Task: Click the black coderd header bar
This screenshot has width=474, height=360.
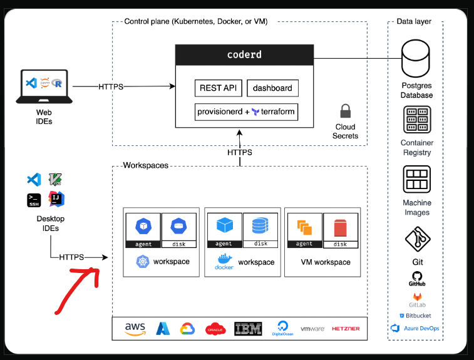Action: pos(244,55)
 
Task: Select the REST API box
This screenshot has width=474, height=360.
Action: pos(218,88)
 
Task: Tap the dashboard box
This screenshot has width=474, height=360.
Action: pos(272,88)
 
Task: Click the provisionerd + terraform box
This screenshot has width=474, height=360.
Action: pos(245,112)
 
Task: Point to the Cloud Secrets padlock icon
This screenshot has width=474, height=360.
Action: pos(345,112)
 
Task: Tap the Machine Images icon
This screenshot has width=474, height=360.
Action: pos(417,180)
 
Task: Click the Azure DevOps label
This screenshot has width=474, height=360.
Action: pos(421,328)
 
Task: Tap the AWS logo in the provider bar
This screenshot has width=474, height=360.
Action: pos(135,329)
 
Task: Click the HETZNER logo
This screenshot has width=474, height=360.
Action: pos(346,329)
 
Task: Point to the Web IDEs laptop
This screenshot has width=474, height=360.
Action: pos(43,86)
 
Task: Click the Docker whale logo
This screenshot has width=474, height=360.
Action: pos(224,259)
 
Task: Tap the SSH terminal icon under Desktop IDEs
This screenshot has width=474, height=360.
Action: pos(34,200)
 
